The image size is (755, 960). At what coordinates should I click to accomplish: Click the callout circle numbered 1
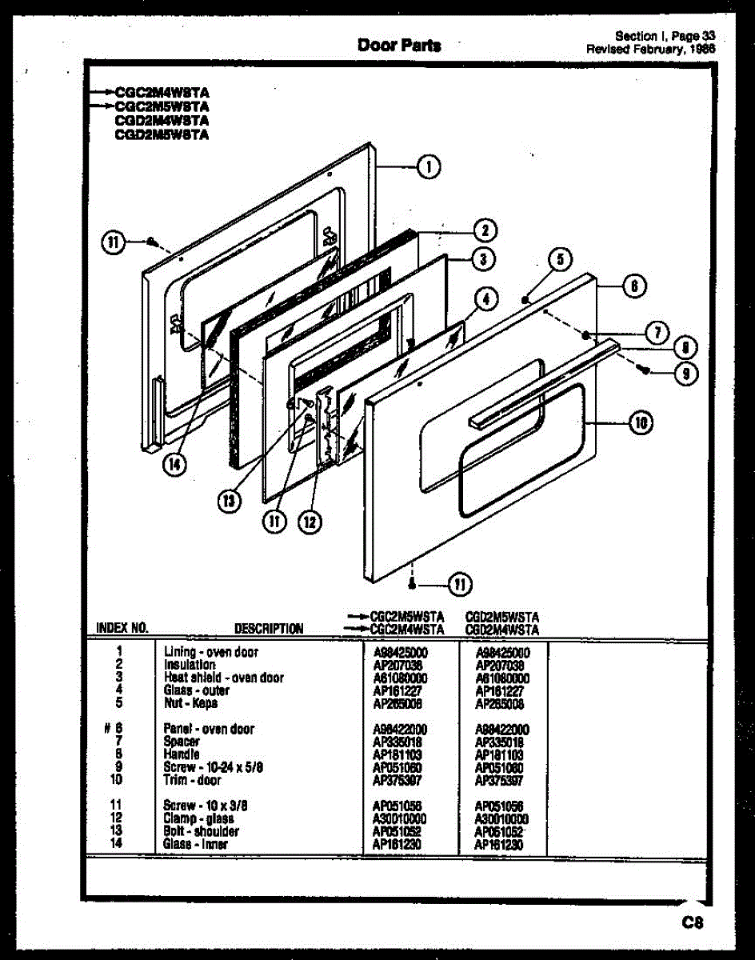click(429, 167)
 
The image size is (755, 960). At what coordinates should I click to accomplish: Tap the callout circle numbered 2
click(484, 230)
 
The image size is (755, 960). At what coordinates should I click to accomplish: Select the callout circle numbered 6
click(633, 286)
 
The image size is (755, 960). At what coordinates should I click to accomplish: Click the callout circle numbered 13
click(229, 501)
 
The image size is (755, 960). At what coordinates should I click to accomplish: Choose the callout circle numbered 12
click(309, 522)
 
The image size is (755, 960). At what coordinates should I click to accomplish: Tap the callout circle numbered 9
click(685, 372)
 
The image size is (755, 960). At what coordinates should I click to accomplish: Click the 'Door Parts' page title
click(399, 46)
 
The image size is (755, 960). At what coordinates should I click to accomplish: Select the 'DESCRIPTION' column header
click(269, 629)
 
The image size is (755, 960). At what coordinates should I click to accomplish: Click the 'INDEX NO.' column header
click(122, 628)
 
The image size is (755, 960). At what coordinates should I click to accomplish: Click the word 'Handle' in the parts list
click(182, 754)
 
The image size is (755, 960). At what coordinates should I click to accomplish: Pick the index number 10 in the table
click(117, 780)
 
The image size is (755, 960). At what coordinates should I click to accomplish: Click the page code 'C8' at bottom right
click(692, 922)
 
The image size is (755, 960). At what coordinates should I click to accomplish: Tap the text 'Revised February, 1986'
click(650, 48)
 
